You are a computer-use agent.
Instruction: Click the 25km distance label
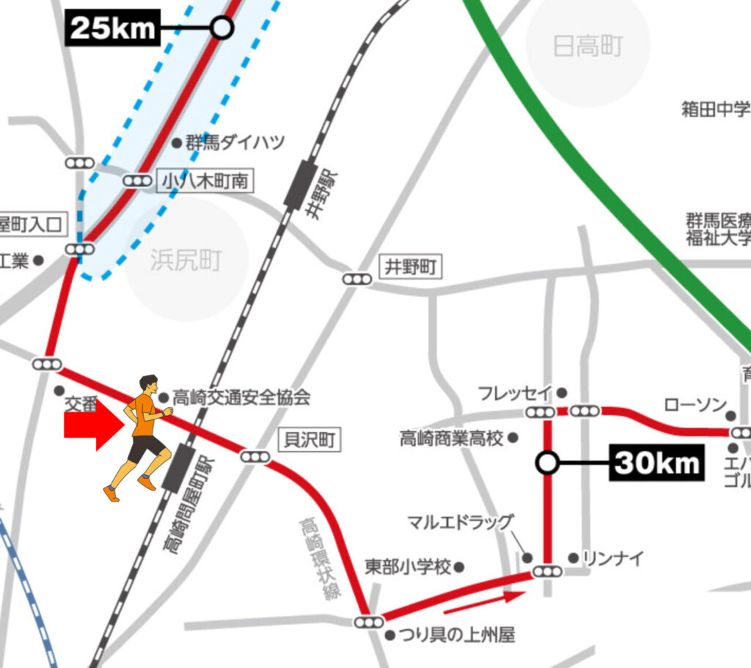tap(113, 29)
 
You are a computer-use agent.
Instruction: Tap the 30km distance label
tap(656, 463)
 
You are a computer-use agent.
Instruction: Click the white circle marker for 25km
tap(221, 29)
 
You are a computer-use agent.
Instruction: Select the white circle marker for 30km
tap(547, 463)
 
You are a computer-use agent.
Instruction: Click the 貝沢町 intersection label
tap(309, 440)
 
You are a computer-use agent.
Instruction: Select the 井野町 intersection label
tap(411, 268)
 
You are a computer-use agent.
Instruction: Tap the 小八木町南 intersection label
tap(205, 181)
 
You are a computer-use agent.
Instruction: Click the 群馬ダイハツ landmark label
tap(233, 143)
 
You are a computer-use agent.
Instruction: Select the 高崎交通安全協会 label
tap(241, 398)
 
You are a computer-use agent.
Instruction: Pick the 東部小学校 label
tap(408, 568)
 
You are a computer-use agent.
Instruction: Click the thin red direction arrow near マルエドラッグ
tap(484, 602)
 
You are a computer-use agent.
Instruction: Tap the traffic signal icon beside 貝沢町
tap(255, 458)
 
